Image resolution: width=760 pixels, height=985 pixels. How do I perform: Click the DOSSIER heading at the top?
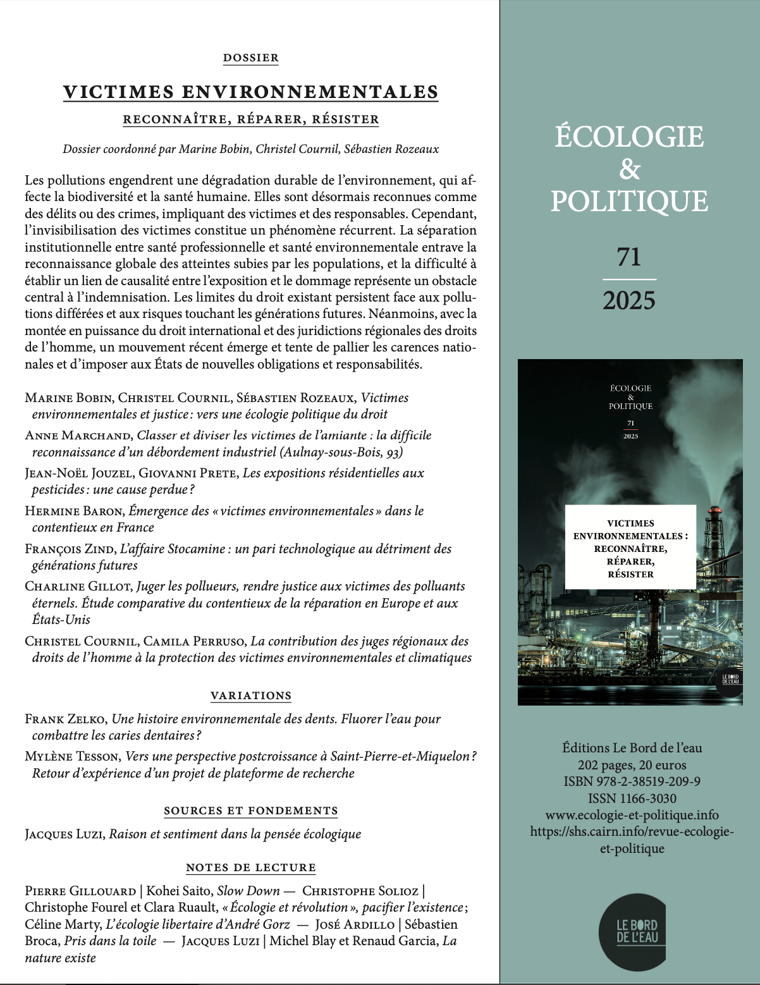pyautogui.click(x=250, y=58)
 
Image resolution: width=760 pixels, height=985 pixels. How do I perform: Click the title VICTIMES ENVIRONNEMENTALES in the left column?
pyautogui.click(x=250, y=92)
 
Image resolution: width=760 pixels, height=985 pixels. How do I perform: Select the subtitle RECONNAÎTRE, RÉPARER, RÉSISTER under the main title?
pyautogui.click(x=250, y=119)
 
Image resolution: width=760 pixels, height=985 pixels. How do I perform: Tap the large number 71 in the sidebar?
pyautogui.click(x=629, y=257)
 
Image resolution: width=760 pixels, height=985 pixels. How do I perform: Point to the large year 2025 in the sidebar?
pyautogui.click(x=629, y=300)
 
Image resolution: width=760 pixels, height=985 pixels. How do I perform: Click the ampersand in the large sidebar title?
pyautogui.click(x=630, y=169)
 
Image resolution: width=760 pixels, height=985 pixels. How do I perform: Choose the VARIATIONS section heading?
pyautogui.click(x=250, y=695)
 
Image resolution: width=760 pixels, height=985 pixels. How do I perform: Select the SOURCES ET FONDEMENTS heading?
pyautogui.click(x=250, y=811)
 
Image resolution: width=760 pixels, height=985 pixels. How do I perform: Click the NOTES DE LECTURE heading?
pyautogui.click(x=250, y=867)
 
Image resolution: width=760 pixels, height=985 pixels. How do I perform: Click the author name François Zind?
pyautogui.click(x=70, y=549)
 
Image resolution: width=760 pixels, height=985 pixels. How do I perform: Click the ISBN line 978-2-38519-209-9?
pyautogui.click(x=632, y=781)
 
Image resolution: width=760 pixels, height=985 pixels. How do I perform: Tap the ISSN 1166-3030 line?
pyautogui.click(x=632, y=798)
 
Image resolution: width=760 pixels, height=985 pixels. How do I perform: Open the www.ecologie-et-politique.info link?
pyautogui.click(x=632, y=815)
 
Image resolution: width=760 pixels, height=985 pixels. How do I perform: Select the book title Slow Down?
pyautogui.click(x=248, y=891)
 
